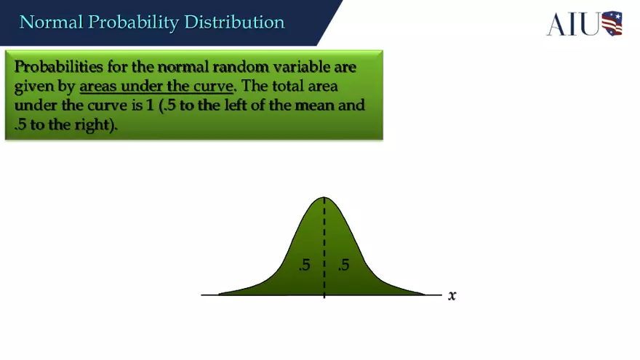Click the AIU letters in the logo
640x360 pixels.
573,23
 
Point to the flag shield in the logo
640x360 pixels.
612,23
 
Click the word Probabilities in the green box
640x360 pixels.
57,67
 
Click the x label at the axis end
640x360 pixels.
452,295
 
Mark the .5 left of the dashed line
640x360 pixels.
304,265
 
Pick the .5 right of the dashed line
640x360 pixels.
343,265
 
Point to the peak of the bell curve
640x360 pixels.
324,198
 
